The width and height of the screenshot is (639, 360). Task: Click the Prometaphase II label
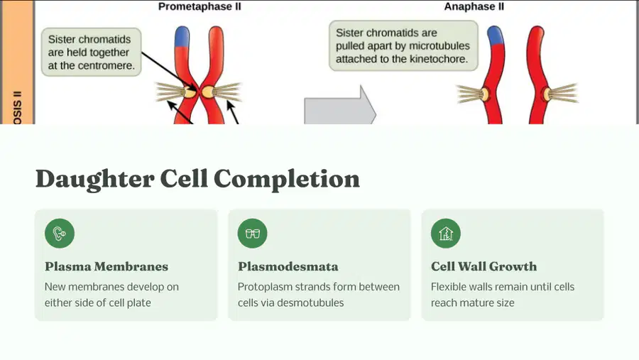point(200,6)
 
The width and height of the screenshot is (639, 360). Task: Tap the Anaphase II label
point(474,6)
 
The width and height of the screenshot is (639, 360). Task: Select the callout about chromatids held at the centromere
point(92,52)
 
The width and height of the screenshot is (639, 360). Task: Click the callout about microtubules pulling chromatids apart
point(403,45)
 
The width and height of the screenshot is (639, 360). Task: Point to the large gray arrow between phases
point(340,105)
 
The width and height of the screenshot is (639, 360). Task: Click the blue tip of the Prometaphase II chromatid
point(182,36)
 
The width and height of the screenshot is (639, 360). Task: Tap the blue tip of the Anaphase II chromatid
point(495,35)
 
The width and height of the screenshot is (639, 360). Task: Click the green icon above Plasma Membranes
point(60,233)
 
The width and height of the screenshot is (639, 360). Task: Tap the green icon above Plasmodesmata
point(253,233)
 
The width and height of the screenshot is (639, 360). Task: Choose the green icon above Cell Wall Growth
point(446,233)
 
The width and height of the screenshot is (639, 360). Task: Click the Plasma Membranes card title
point(106,267)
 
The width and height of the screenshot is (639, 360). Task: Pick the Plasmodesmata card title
point(288,267)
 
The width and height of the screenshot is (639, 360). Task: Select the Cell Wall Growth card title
point(484,267)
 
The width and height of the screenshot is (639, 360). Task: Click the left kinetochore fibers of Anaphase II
point(469,94)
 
